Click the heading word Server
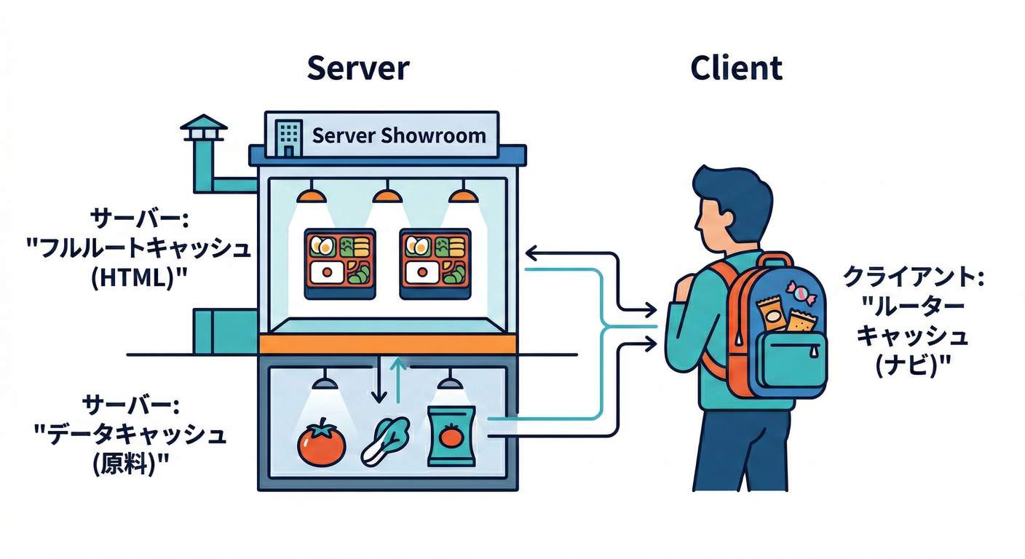point(357,68)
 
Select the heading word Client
point(736,68)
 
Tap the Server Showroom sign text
point(398,136)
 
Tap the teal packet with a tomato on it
point(451,435)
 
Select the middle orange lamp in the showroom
point(387,195)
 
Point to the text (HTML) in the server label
point(135,279)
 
